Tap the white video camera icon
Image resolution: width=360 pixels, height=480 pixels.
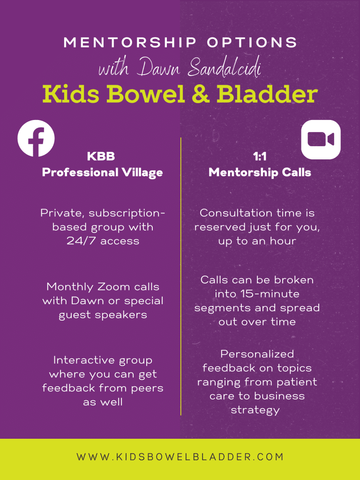coord(321,140)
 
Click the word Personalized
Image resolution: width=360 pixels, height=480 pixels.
coord(257,354)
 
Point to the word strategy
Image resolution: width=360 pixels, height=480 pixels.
coord(255,410)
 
